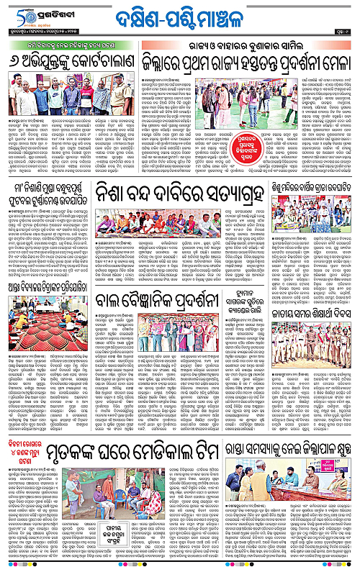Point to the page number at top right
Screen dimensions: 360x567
tap(341, 33)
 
